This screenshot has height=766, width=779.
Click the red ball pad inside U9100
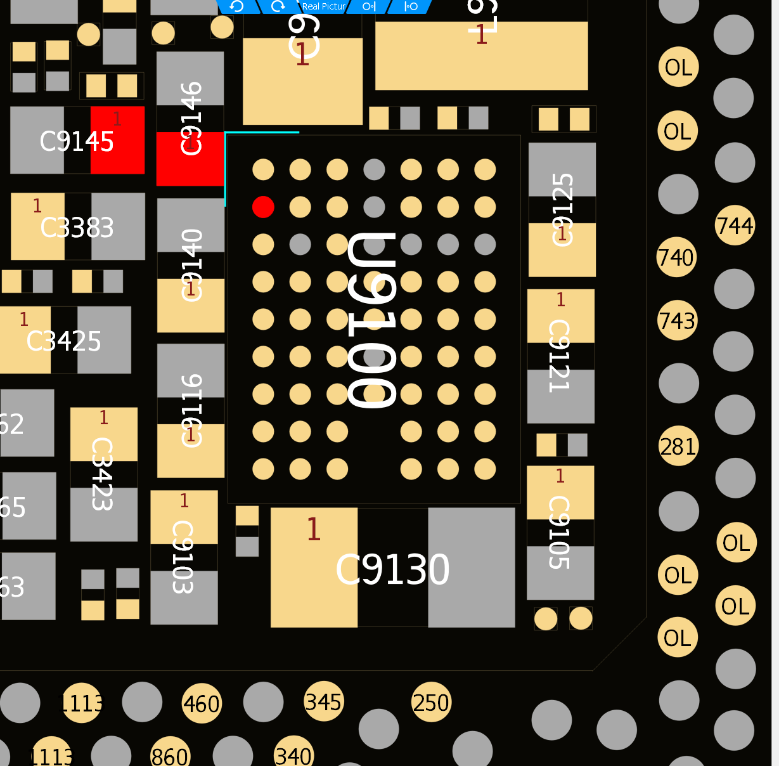coord(263,207)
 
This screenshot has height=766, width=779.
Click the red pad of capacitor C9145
coord(117,140)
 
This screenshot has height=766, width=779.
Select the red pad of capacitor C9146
coord(190,159)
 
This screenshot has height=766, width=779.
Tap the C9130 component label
coord(392,569)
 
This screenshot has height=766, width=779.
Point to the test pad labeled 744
coord(735,226)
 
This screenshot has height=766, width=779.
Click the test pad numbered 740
coord(676,257)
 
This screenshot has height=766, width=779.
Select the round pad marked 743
coord(677,320)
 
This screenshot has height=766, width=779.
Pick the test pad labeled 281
coord(678,446)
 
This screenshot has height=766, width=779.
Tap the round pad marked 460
coord(202,704)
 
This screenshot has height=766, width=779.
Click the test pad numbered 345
coord(323,702)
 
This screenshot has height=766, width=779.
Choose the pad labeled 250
coord(431,703)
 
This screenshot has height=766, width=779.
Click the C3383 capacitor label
coord(77,228)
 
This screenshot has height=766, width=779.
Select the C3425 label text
coord(63,342)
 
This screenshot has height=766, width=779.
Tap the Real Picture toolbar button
coord(323,6)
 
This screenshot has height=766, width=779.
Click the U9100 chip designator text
coord(373,320)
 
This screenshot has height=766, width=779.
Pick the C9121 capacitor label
coord(559,356)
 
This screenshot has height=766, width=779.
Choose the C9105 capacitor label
coord(559,533)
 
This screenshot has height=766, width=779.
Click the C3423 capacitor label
coord(102,474)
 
